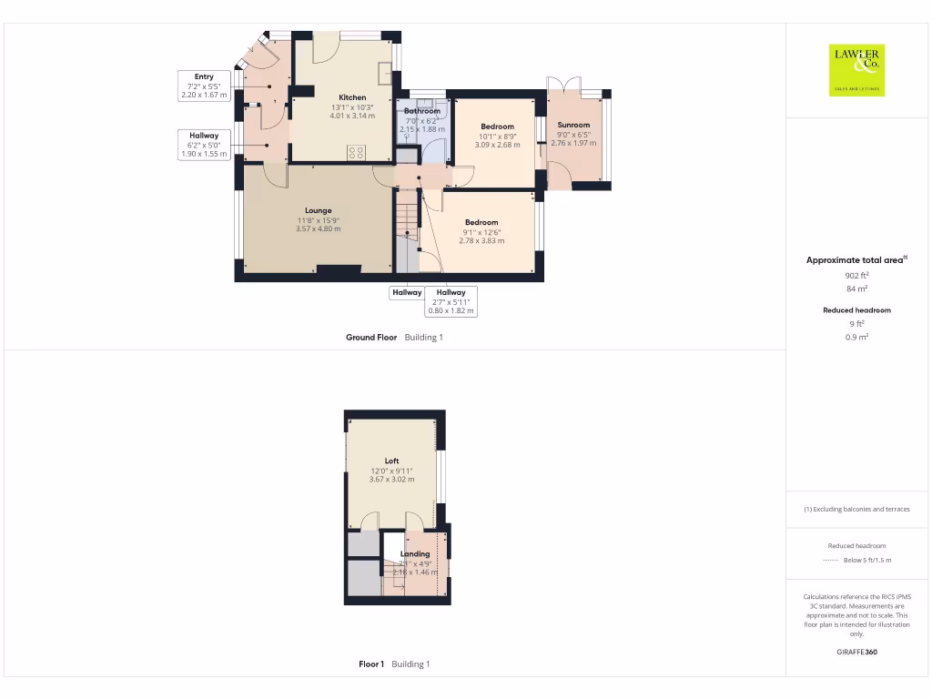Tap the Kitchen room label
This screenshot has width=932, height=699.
tap(352, 97)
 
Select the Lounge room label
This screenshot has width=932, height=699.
tap(318, 210)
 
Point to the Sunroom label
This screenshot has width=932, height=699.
tap(573, 125)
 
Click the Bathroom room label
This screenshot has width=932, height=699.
tap(422, 111)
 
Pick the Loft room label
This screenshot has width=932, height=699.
tap(391, 461)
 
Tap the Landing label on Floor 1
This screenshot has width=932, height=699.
tap(415, 553)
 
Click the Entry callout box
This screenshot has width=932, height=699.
tap(204, 86)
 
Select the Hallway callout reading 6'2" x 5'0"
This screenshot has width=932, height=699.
tap(204, 145)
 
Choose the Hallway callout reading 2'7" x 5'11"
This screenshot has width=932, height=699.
tap(451, 301)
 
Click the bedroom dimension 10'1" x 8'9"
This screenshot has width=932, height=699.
tap(497, 137)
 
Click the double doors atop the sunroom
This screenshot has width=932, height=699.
tap(564, 85)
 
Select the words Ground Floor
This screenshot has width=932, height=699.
tap(371, 337)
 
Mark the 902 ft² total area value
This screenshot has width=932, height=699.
tap(856, 275)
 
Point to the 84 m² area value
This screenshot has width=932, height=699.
tap(856, 289)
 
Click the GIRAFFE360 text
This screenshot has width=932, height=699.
tap(856, 652)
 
